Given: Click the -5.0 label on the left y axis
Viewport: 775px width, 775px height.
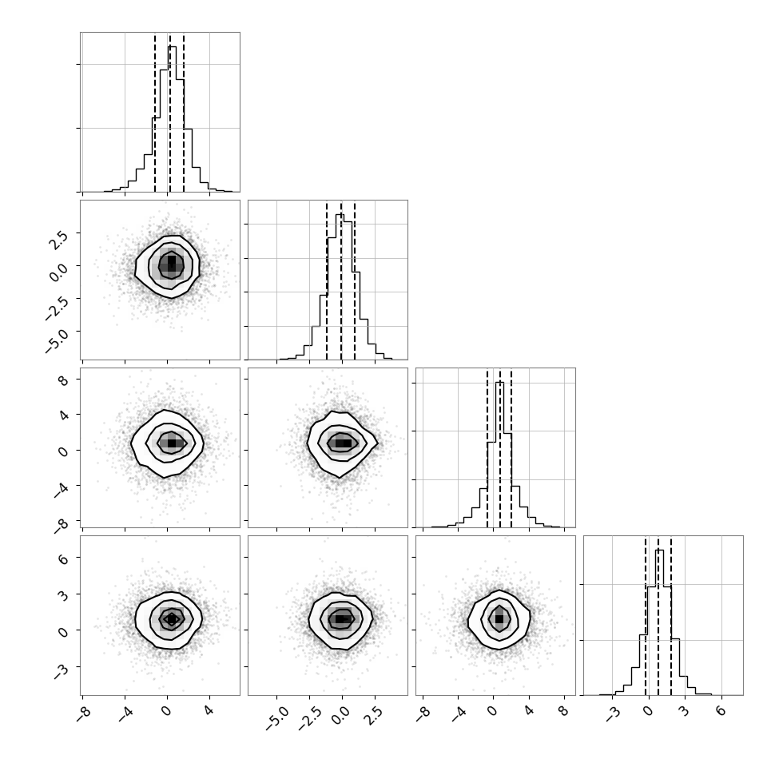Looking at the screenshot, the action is point(55,339).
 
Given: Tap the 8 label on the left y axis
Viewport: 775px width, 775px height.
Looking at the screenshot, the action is point(63,380).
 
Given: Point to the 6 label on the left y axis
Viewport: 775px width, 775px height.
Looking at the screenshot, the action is point(63,558).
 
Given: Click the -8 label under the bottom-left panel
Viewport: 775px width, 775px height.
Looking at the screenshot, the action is point(84,713).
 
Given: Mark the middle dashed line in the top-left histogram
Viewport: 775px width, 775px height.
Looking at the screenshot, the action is point(170,112).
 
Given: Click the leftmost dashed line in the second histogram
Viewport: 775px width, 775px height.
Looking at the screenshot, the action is point(327,280).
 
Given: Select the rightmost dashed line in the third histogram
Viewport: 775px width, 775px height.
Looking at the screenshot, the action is point(511,448).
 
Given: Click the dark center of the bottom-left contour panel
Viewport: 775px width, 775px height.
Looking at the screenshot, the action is point(171,618).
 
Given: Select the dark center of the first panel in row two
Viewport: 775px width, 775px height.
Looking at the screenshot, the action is point(172,262).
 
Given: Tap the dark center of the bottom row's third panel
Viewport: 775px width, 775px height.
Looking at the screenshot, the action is point(499,619).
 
